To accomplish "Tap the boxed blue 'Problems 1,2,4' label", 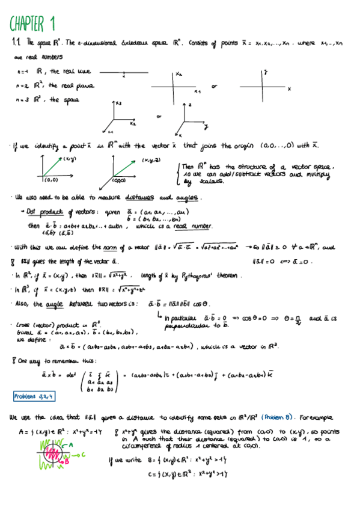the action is [33, 396].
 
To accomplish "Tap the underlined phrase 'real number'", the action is [194, 226].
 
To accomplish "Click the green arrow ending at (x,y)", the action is [53, 167].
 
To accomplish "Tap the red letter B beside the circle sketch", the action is [67, 462].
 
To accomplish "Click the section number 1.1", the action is [16, 43].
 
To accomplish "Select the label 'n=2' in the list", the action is [22, 86].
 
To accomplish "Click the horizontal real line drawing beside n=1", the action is [124, 73].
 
